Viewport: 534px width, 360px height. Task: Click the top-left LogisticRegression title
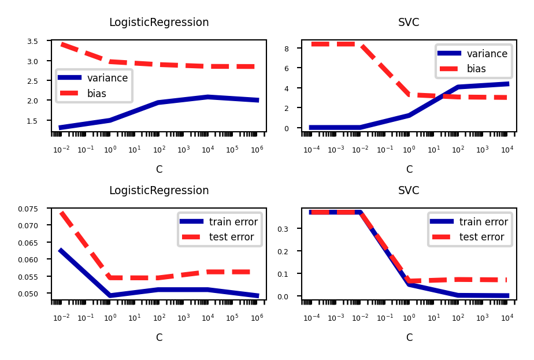pos(159,23)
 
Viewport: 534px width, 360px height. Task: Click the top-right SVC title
pos(409,23)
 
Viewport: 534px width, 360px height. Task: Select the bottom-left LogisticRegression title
pos(159,191)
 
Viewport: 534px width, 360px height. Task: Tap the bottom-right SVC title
pos(409,191)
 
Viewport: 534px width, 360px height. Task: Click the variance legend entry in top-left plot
pos(107,78)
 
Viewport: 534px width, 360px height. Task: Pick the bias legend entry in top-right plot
pos(477,69)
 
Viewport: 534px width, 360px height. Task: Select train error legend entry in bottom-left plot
pos(233,222)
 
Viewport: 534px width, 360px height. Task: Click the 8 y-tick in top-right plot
pos(294,49)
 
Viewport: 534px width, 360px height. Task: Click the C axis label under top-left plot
pos(159,169)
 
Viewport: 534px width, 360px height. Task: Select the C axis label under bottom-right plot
pos(409,337)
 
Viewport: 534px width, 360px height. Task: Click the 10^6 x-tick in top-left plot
pos(257,150)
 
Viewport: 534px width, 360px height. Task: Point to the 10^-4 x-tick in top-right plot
pos(311,150)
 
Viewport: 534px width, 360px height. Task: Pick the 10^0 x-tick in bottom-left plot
pos(110,318)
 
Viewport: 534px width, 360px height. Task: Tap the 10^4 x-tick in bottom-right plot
pos(507,318)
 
